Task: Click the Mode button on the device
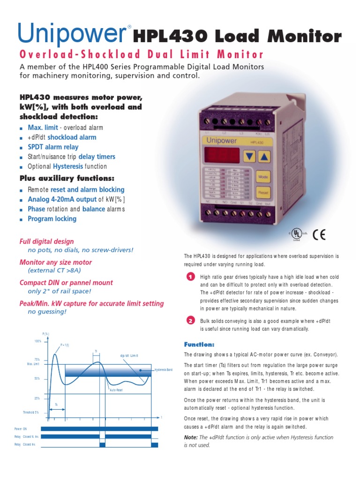point(263,177)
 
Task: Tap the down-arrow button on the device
point(251,156)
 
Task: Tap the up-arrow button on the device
point(265,156)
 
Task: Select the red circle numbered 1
point(190,277)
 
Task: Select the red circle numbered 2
point(190,321)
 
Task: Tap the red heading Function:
point(199,344)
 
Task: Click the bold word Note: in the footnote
point(191,437)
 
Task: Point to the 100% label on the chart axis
point(38,341)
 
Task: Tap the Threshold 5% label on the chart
point(31,412)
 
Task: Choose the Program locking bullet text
point(52,219)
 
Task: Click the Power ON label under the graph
point(21,428)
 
